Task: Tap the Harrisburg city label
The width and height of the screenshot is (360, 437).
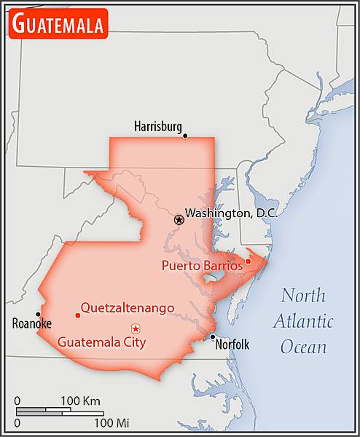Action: [157, 127]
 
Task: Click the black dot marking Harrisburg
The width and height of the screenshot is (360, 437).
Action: [185, 135]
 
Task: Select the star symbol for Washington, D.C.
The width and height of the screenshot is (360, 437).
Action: [179, 219]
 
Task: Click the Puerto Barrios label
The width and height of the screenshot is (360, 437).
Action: [202, 266]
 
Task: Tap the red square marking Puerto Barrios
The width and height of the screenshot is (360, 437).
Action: [248, 261]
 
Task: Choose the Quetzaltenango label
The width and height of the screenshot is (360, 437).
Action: [128, 308]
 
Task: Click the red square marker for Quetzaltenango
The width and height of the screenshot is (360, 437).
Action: [77, 315]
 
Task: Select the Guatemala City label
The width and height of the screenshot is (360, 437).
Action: [101, 341]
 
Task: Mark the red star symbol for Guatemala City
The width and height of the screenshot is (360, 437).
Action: [136, 328]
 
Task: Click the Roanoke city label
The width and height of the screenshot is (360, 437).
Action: [31, 324]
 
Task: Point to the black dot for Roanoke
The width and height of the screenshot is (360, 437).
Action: [38, 315]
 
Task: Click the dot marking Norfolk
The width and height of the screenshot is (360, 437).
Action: [212, 336]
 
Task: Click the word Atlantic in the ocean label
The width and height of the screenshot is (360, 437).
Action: [304, 321]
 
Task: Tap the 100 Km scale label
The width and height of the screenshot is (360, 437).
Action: [80, 401]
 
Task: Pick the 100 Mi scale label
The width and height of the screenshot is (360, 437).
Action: [111, 422]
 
